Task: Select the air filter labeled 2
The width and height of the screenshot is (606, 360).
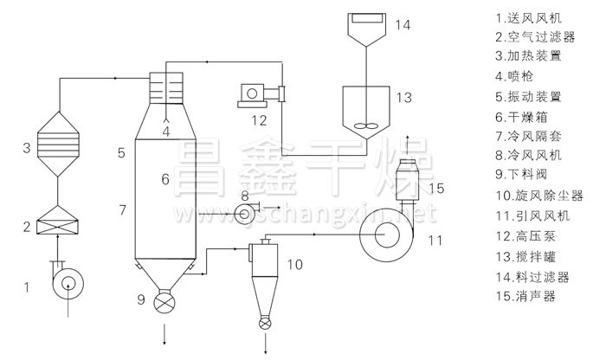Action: click(x=57, y=220)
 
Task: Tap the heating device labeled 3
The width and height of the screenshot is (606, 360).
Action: click(x=58, y=144)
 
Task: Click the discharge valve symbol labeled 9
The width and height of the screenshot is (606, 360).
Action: click(x=164, y=302)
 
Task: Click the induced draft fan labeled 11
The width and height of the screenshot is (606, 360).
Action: click(x=386, y=235)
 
